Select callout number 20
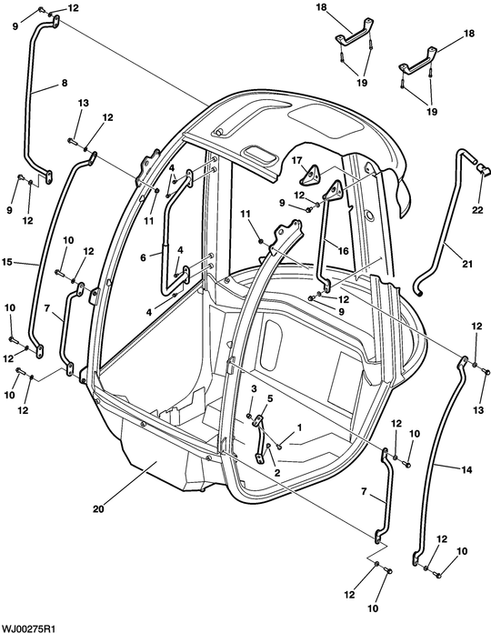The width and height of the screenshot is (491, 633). (98, 509)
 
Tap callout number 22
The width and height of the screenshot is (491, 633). (477, 210)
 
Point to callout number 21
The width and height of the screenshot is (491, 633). (466, 264)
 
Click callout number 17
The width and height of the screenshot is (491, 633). (297, 161)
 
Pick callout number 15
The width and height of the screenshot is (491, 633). (7, 262)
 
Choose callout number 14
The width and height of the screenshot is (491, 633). (466, 470)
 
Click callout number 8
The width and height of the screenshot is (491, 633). (65, 83)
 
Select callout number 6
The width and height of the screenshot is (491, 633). (144, 257)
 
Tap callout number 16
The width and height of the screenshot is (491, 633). (344, 251)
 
